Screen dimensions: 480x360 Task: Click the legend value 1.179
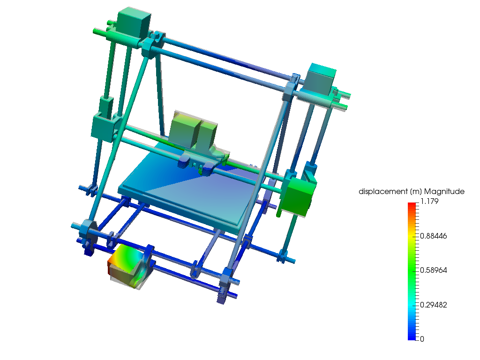pyautogui.click(x=429, y=202)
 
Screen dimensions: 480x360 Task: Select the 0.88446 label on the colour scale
pyautogui.click(x=433, y=236)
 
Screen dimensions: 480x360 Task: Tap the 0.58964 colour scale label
pyautogui.click(x=433, y=270)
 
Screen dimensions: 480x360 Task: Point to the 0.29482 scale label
pyautogui.click(x=433, y=305)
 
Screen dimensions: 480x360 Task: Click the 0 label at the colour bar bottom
pyautogui.click(x=422, y=339)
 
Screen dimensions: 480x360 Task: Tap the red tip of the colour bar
pyautogui.click(x=412, y=204)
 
